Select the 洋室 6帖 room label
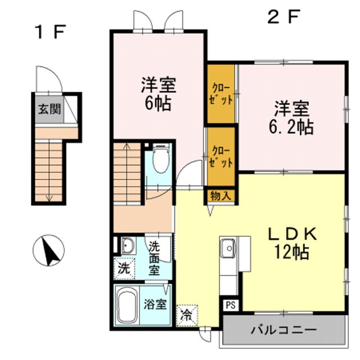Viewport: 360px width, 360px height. (x=158, y=95)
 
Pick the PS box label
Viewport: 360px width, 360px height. (x=231, y=305)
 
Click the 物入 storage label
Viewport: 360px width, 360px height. (x=220, y=196)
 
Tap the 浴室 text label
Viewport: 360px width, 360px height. (x=155, y=305)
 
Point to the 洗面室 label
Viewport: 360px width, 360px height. (x=154, y=258)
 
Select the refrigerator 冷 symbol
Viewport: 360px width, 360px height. (x=187, y=314)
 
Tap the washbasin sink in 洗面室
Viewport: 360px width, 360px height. (x=127, y=246)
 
